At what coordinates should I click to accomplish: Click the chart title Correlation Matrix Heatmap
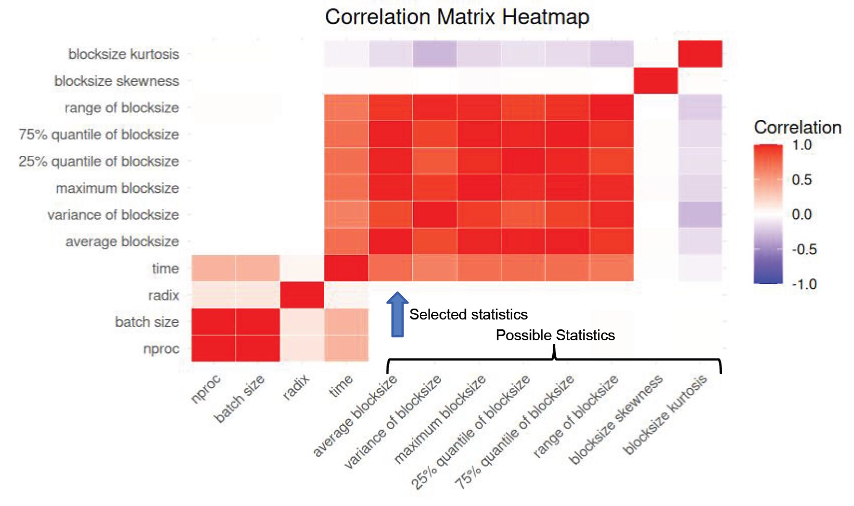[x=457, y=17]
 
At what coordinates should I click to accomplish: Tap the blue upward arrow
[x=397, y=314]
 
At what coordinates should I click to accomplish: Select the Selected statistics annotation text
[x=468, y=314]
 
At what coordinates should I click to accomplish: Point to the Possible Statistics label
[x=555, y=335]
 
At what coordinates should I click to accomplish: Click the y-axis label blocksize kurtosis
[x=124, y=54]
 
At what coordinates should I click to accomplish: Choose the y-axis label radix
[x=163, y=295]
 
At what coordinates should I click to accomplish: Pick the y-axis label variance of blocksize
[x=113, y=215]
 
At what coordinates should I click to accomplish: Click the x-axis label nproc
[x=206, y=389]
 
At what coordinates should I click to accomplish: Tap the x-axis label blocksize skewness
[x=616, y=419]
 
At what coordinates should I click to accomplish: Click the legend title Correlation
[x=797, y=127]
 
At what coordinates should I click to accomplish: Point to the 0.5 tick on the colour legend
[x=802, y=180]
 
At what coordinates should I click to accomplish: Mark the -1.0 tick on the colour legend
[x=804, y=284]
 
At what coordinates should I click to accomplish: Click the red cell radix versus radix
[x=302, y=295]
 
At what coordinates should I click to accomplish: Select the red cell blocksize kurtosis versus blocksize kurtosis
[x=700, y=54]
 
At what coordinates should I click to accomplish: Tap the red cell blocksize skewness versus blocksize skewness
[x=656, y=81]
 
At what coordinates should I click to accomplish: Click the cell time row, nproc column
[x=213, y=268]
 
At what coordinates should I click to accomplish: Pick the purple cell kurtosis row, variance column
[x=435, y=54]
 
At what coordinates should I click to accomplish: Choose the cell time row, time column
[x=346, y=268]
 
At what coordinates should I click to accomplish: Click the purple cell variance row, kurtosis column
[x=700, y=215]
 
